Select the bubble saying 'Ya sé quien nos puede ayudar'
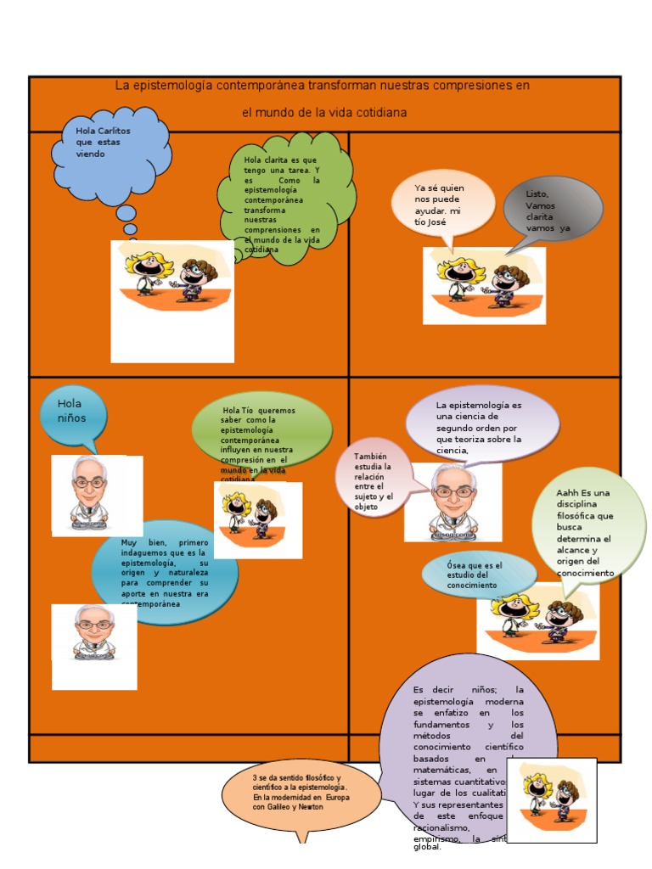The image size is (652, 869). point(441,205)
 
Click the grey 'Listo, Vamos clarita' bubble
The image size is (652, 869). point(552,209)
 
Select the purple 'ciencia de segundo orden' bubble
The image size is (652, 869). point(481,423)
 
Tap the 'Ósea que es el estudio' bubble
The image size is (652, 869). point(477,575)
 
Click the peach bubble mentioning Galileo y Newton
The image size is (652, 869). point(301,794)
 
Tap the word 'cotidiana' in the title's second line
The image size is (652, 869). point(381,112)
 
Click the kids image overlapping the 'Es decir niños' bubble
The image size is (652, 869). point(551,799)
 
